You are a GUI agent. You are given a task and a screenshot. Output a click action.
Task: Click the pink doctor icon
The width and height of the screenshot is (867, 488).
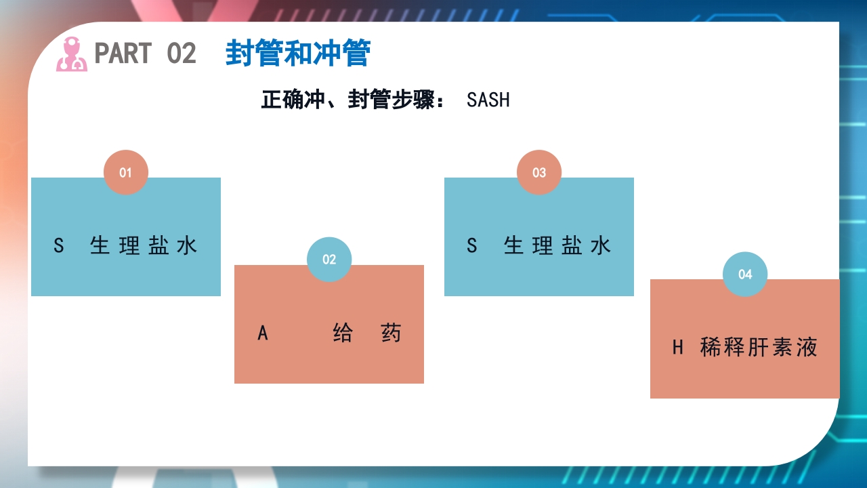click(x=71, y=54)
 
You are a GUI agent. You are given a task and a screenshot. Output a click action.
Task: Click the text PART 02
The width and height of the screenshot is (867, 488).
click(x=145, y=54)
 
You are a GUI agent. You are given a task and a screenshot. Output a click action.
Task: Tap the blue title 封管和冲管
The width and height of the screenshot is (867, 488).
click(x=297, y=54)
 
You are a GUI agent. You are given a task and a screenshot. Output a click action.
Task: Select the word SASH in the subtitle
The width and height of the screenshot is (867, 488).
click(x=488, y=100)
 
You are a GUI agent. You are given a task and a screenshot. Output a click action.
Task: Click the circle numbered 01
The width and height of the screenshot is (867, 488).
click(x=125, y=172)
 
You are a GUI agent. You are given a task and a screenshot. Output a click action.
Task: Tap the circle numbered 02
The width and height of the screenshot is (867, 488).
click(x=329, y=259)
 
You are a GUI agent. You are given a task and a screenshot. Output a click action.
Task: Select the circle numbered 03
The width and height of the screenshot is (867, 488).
click(x=539, y=172)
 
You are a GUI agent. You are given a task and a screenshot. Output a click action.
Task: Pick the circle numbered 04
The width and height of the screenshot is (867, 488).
click(x=745, y=274)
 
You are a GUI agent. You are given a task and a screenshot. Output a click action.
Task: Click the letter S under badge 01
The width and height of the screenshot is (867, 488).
click(x=59, y=245)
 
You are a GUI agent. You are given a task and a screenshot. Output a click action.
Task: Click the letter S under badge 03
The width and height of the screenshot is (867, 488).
click(x=472, y=245)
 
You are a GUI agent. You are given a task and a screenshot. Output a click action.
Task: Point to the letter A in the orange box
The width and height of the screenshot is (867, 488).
click(x=263, y=333)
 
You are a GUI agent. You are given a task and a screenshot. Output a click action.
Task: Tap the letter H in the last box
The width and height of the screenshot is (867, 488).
click(x=678, y=348)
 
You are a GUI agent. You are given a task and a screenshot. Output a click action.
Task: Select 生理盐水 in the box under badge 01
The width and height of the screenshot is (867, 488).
click(x=144, y=245)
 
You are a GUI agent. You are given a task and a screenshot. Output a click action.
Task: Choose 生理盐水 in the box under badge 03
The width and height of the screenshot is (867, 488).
click(x=557, y=245)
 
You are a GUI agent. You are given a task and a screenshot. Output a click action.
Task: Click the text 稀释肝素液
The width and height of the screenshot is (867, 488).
click(x=759, y=348)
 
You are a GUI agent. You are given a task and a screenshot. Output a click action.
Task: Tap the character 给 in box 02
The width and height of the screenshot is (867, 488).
click(x=343, y=333)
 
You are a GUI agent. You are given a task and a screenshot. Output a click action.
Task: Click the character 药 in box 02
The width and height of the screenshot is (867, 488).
click(x=391, y=333)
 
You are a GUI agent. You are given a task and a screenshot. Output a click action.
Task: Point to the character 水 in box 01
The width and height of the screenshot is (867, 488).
click(x=187, y=245)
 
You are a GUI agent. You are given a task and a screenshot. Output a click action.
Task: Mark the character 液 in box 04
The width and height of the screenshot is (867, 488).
click(x=807, y=348)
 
